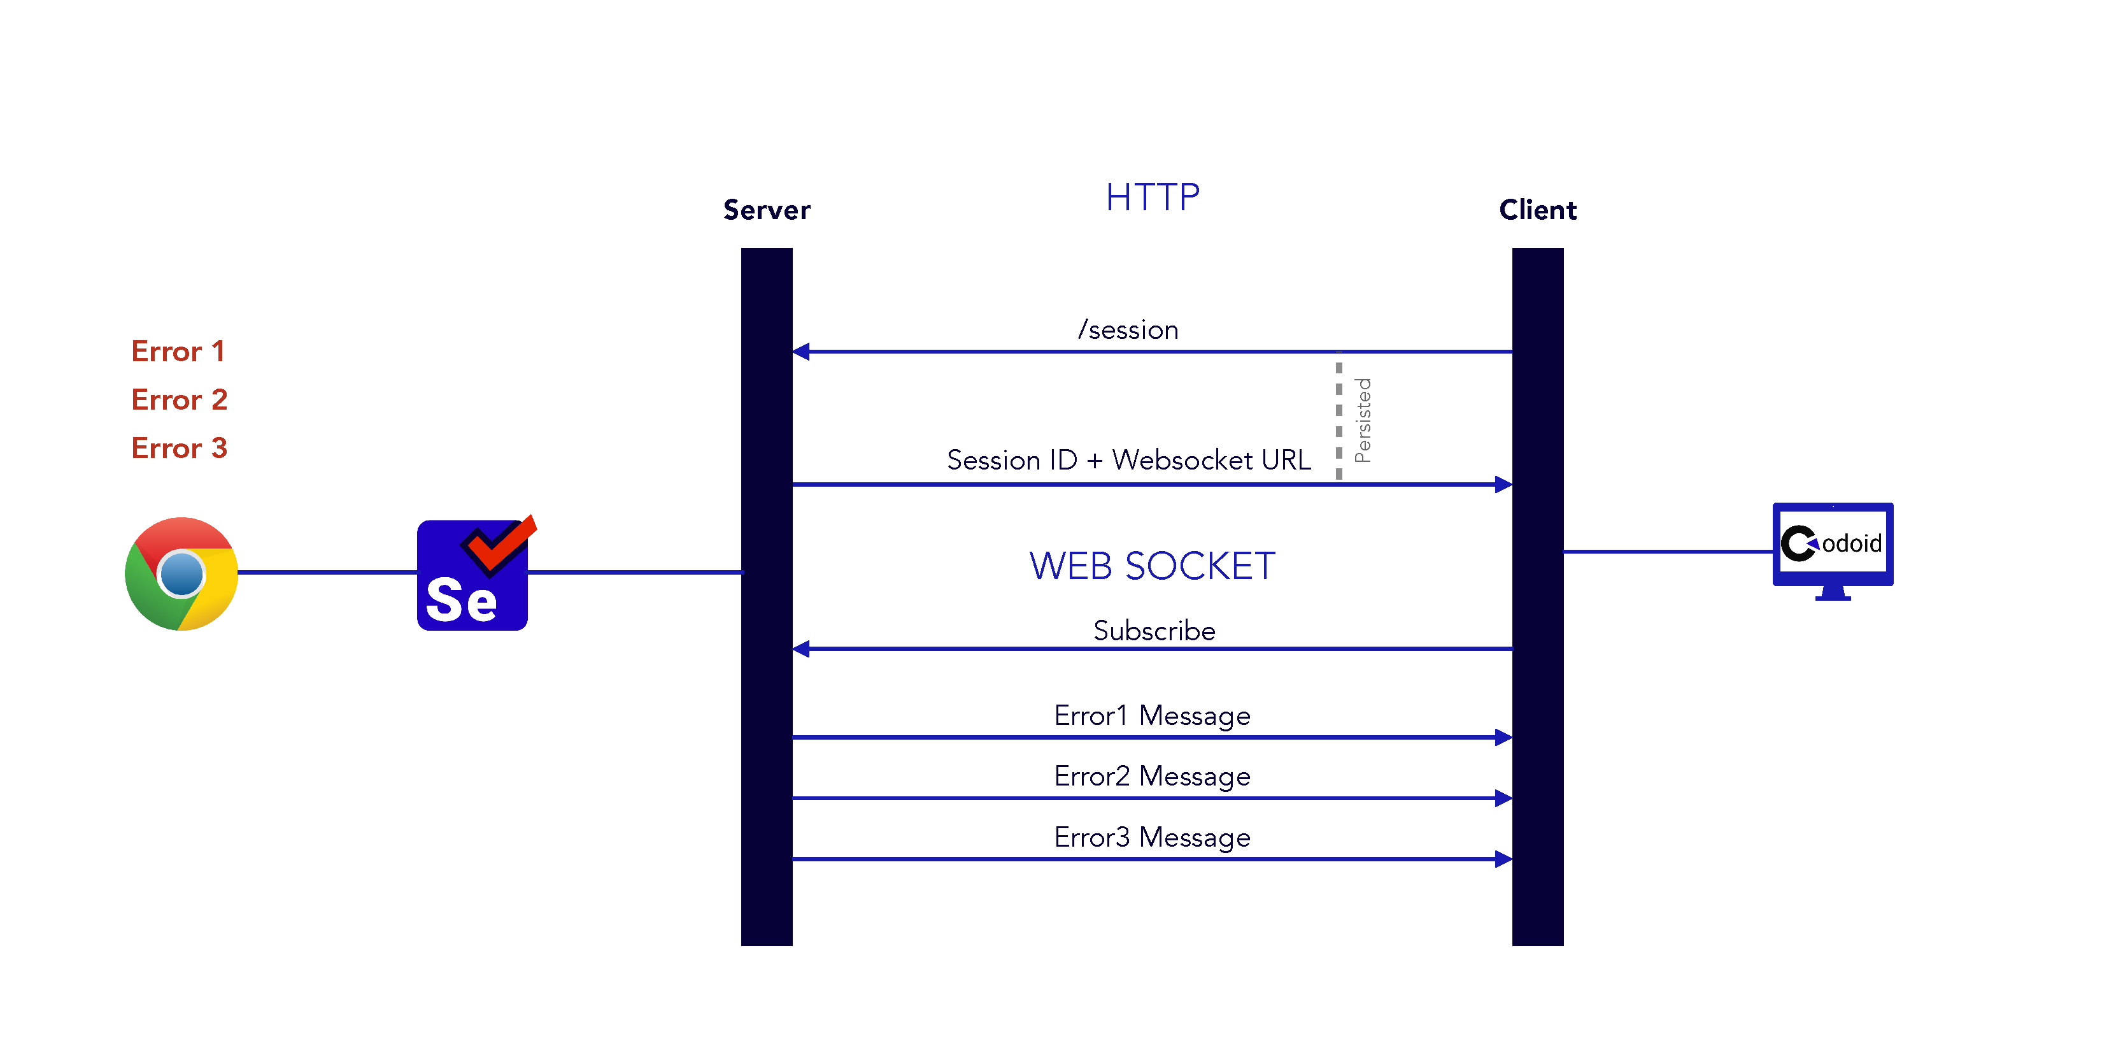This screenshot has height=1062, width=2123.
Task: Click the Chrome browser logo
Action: pyautogui.click(x=181, y=574)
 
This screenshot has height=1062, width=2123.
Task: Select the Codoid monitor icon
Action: pyautogui.click(x=1832, y=549)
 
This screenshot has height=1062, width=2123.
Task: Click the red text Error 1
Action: pyautogui.click(x=178, y=352)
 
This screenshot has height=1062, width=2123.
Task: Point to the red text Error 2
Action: pyautogui.click(x=179, y=400)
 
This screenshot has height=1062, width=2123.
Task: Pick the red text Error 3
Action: pyautogui.click(x=179, y=448)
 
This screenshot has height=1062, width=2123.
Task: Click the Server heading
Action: pyautogui.click(x=767, y=210)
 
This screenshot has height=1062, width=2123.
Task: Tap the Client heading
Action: pyautogui.click(x=1537, y=210)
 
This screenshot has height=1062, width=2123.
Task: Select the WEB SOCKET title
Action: pyautogui.click(x=1152, y=566)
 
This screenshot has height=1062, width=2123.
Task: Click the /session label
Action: pyautogui.click(x=1128, y=330)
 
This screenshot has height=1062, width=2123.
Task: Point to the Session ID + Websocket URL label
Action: pyautogui.click(x=1128, y=460)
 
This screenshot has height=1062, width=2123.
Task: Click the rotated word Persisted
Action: pyautogui.click(x=1363, y=420)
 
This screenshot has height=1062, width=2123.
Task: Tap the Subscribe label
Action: pyautogui.click(x=1154, y=631)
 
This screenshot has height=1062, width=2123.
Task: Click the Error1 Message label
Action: pyautogui.click(x=1152, y=715)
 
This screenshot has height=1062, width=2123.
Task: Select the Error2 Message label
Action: pyautogui.click(x=1152, y=777)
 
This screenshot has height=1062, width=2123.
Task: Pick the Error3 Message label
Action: pyautogui.click(x=1152, y=838)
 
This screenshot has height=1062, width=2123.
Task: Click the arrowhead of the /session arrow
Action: pyautogui.click(x=801, y=352)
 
